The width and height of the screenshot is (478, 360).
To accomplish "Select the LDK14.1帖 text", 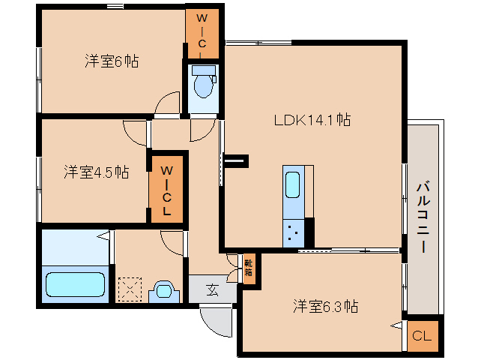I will (312, 119).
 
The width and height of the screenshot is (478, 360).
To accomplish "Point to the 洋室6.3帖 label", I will (324, 306).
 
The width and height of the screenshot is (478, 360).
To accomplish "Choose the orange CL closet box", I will (422, 336).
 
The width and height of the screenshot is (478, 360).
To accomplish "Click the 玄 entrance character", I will (211, 288).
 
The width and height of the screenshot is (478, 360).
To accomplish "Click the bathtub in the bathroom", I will (75, 285).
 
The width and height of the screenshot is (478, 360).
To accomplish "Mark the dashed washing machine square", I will (130, 289).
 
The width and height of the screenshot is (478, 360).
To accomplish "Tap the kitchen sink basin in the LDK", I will (294, 184).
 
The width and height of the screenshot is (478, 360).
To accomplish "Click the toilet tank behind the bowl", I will (202, 71).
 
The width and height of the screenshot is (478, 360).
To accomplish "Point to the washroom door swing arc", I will (173, 241).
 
